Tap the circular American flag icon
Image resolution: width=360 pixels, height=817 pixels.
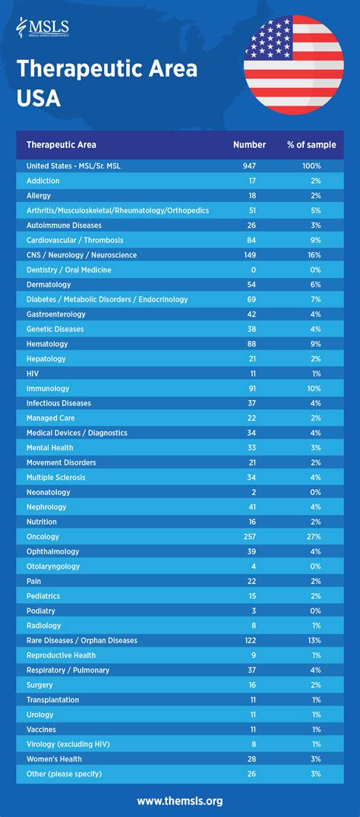point(293,65)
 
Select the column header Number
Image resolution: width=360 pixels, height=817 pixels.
point(249,144)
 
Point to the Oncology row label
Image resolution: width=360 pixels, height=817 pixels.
point(44,537)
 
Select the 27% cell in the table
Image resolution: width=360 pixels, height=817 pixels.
point(314,537)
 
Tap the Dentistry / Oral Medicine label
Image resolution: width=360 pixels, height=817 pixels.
point(69,270)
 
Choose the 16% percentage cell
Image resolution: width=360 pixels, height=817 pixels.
point(314,255)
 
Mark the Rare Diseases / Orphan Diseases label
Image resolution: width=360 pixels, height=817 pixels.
point(82,640)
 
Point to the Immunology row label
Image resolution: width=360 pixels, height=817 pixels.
point(49,388)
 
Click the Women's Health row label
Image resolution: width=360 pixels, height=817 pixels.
point(54,759)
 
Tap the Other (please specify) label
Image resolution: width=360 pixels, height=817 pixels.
point(64,774)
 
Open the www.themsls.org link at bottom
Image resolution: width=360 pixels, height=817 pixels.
point(180,800)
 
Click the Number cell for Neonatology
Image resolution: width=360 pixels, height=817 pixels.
point(250,492)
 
